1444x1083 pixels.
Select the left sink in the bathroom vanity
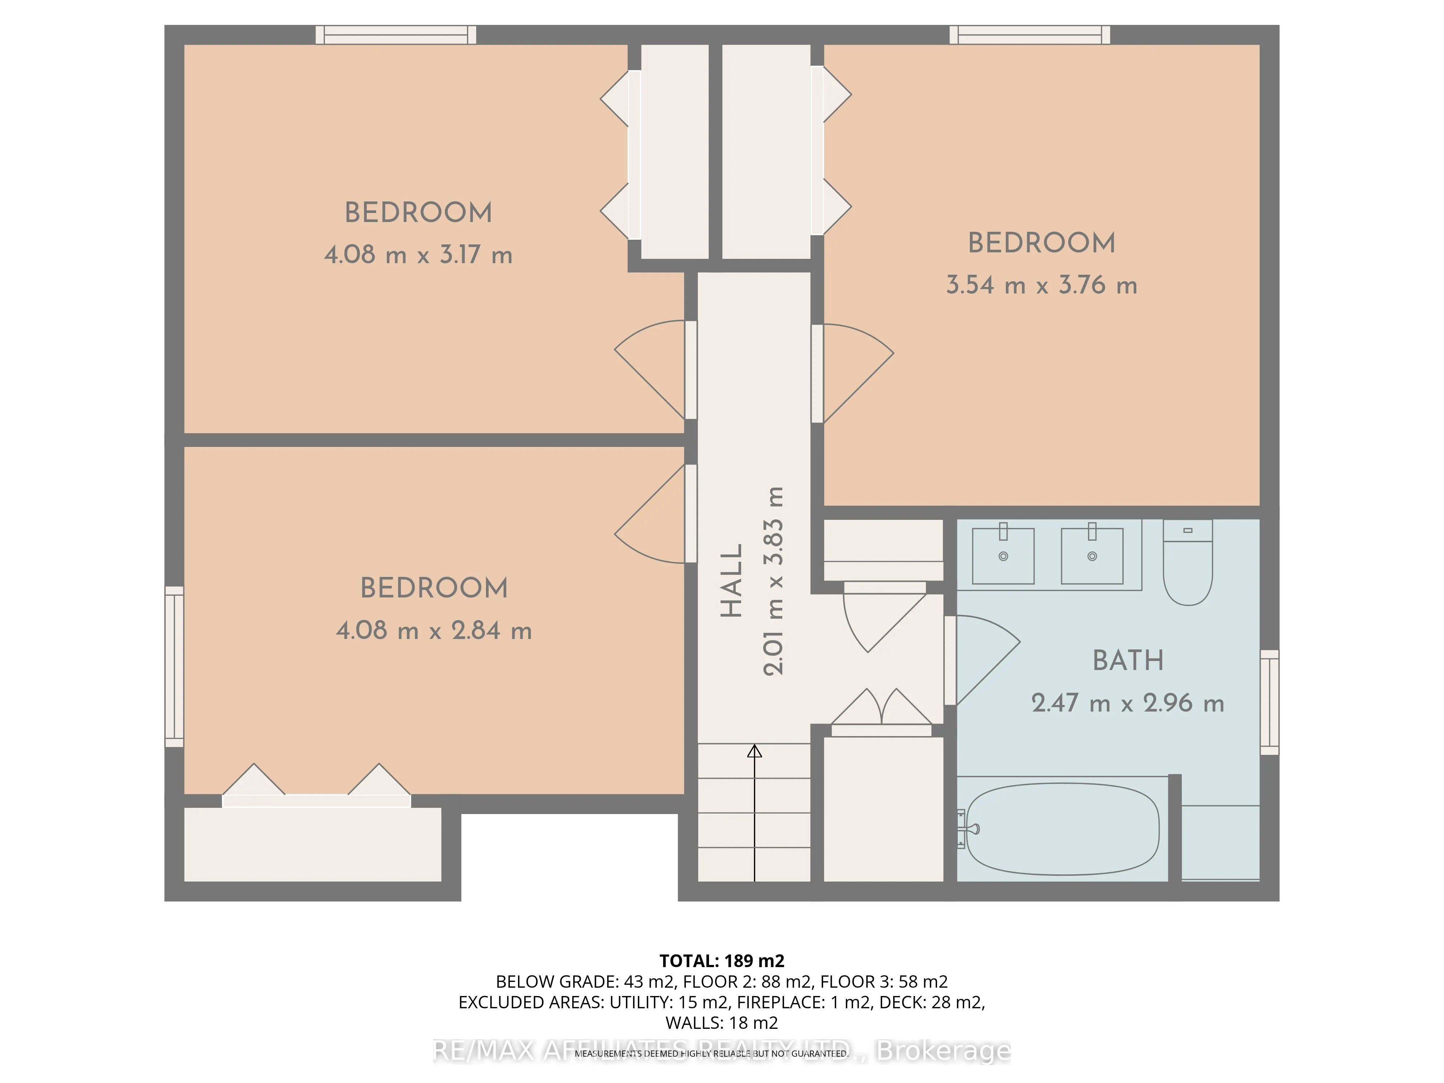[1003, 556]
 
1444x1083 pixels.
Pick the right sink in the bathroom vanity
[1092, 556]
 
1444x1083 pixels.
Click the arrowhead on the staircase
[754, 751]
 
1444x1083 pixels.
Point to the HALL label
[732, 580]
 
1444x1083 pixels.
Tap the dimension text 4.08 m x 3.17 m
[418, 255]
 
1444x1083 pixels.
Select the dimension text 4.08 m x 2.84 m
[434, 631]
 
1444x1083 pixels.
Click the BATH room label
[1128, 661]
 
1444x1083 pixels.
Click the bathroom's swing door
[983, 659]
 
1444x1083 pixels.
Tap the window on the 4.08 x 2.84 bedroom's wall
[174, 666]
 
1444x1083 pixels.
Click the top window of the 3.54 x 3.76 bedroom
[1030, 35]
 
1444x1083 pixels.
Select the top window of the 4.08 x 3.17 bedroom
[396, 35]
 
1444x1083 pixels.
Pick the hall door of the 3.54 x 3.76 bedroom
[852, 373]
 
